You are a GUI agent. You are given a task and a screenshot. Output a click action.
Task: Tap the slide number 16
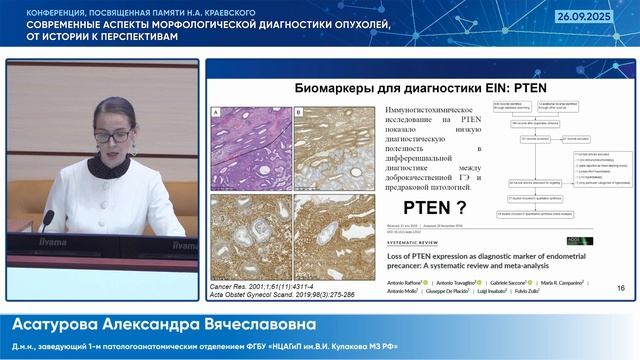[x=621, y=288]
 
